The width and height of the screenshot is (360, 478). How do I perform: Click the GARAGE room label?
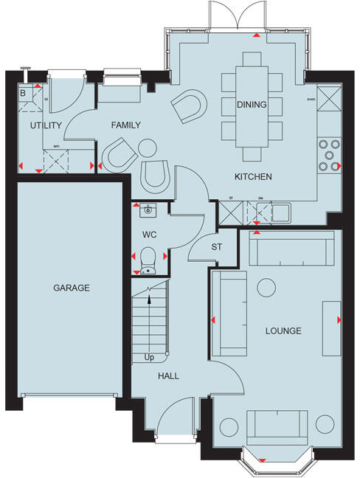(x=71, y=288)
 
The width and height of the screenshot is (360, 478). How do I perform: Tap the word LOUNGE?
(x=283, y=331)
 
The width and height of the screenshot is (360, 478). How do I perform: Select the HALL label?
(x=167, y=375)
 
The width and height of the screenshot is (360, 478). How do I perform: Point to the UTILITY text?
(x=45, y=126)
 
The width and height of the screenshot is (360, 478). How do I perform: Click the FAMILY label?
(x=125, y=126)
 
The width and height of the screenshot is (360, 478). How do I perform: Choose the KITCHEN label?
(x=253, y=177)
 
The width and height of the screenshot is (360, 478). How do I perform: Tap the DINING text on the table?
(x=252, y=105)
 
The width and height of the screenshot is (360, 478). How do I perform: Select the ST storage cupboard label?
(x=217, y=246)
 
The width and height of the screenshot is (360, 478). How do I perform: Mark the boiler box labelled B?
(x=23, y=93)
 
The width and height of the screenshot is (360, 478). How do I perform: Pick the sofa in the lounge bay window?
(x=277, y=426)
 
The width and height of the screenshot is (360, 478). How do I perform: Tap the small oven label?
(x=311, y=98)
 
